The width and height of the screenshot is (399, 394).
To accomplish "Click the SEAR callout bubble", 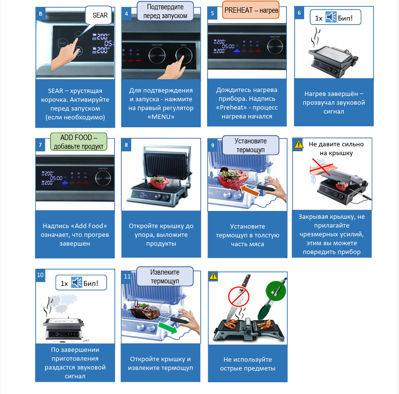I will (100, 16).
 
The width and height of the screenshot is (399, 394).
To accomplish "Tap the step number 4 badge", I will (126, 14).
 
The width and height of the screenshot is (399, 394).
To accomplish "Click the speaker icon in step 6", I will (331, 18).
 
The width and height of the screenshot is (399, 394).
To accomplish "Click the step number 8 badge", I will (126, 144).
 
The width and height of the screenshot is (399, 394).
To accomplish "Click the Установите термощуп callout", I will (250, 144).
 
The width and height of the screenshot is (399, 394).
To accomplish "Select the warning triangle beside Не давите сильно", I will (299, 144).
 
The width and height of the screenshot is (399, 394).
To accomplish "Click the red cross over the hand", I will (326, 168).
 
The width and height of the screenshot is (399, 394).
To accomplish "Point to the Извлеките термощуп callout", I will (165, 277).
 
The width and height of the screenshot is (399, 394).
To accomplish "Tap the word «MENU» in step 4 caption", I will (161, 117).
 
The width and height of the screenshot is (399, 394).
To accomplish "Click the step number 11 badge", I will (127, 277).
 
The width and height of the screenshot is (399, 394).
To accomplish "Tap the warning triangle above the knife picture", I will (213, 276).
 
